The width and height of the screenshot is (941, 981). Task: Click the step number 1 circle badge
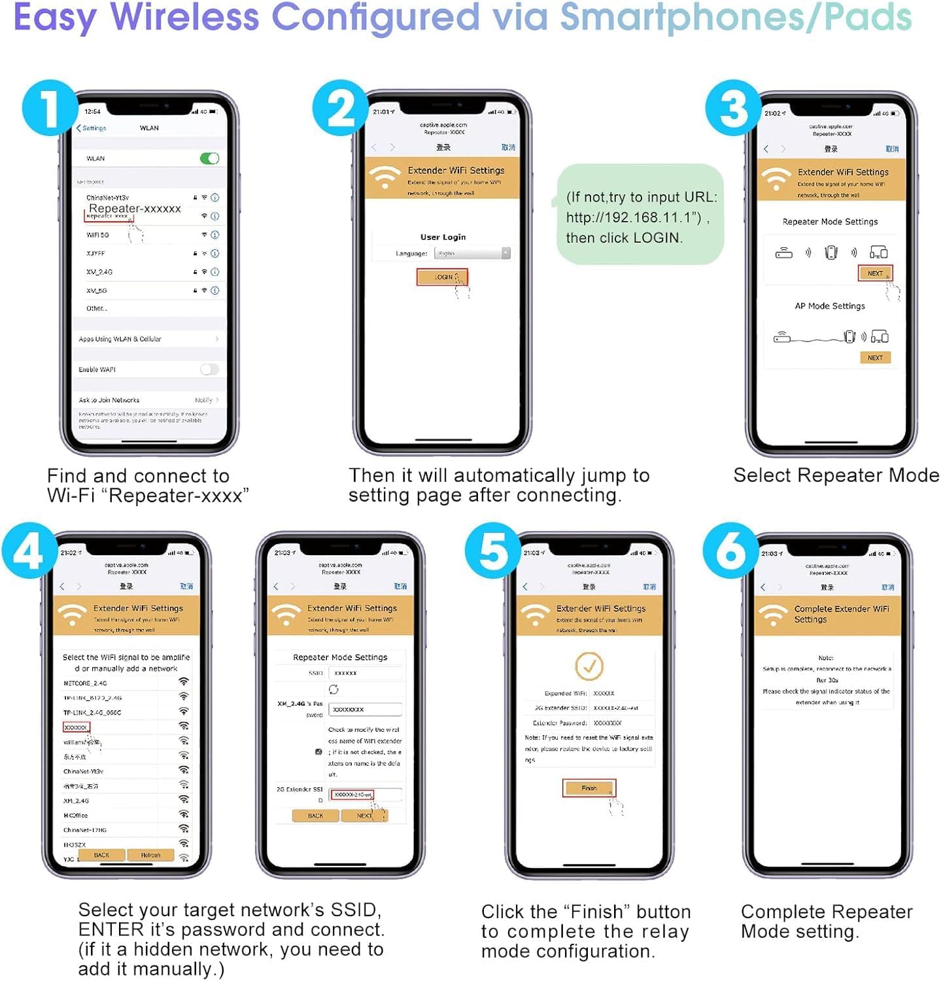50,108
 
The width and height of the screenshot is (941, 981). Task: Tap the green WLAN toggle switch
209,159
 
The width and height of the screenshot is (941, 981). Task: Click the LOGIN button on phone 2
442,277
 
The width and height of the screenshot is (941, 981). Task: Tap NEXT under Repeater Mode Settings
874,273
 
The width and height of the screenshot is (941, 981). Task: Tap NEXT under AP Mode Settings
874,358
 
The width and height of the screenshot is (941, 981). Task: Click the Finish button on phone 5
589,788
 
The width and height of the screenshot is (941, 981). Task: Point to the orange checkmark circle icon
589,666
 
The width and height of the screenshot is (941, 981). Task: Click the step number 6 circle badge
730,551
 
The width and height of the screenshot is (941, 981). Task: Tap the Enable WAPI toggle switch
209,370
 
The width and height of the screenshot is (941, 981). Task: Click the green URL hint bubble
640,215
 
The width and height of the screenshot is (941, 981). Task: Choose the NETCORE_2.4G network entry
85,683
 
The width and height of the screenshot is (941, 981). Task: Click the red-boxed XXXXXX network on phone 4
76,727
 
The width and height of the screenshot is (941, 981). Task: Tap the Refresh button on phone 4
150,855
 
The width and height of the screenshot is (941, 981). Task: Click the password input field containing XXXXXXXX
365,710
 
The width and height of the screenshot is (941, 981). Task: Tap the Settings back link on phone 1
92,128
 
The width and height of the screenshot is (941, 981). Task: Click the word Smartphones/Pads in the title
736,18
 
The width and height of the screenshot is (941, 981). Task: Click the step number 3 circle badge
734,108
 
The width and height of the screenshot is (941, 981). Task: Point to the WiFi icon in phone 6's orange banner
773,615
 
